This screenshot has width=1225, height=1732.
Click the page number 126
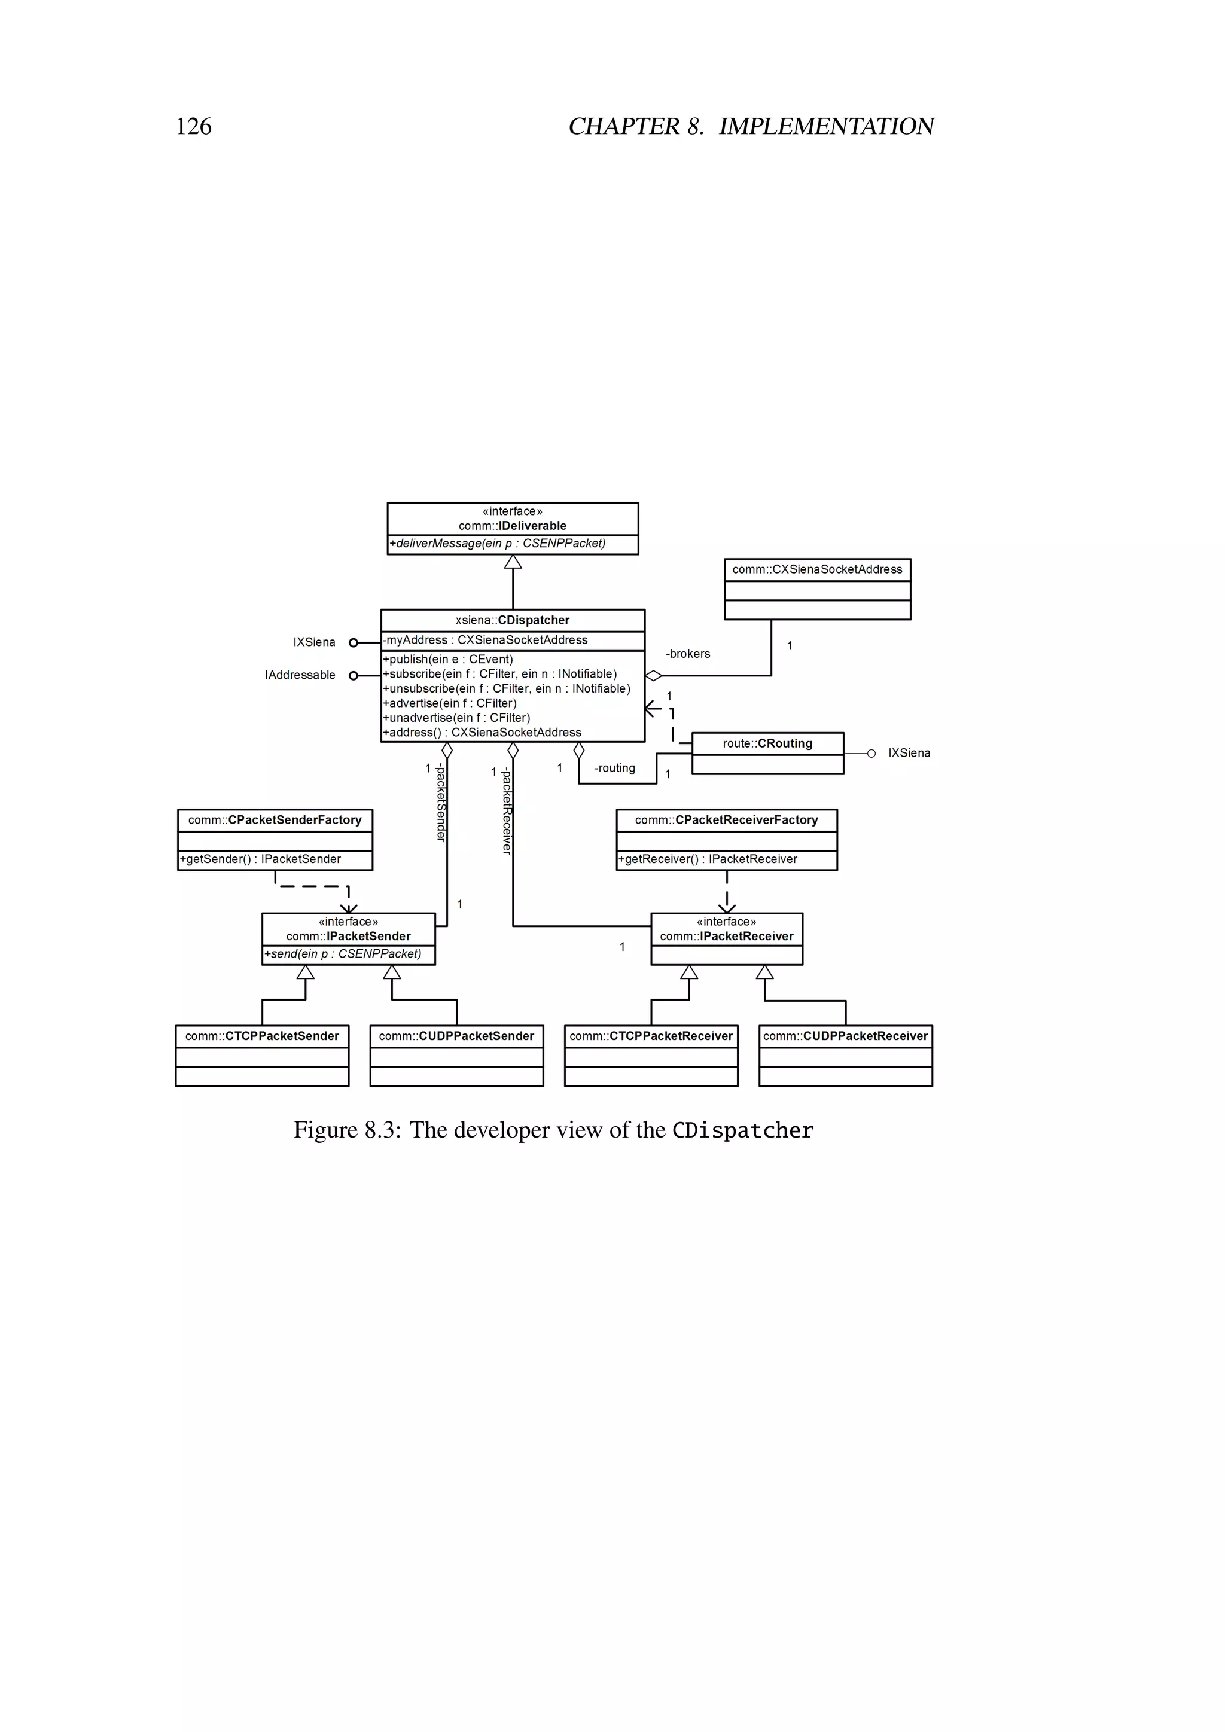(x=193, y=126)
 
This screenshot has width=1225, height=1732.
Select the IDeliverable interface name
(x=513, y=526)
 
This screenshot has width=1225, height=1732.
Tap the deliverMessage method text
(x=498, y=543)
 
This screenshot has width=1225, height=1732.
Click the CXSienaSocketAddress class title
(x=817, y=569)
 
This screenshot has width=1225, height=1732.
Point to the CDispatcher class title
(x=513, y=620)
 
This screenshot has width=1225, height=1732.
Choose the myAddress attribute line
(x=486, y=640)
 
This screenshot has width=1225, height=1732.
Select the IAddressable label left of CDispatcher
(x=300, y=675)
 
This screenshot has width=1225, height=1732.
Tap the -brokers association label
(x=688, y=654)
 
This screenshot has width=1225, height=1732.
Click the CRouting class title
(x=768, y=743)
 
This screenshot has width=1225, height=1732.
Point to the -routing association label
(x=614, y=768)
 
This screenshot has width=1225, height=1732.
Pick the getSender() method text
(x=260, y=859)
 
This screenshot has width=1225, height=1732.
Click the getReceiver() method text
(x=708, y=859)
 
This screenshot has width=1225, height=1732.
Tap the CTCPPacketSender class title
(x=262, y=1036)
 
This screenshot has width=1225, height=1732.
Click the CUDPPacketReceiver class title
(x=846, y=1036)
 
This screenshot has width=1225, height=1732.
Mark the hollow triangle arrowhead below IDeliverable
(x=513, y=562)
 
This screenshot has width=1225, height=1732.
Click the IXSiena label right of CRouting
(x=909, y=753)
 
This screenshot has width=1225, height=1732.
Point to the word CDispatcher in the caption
(x=743, y=1130)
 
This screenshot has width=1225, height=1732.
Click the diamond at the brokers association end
(x=653, y=676)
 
